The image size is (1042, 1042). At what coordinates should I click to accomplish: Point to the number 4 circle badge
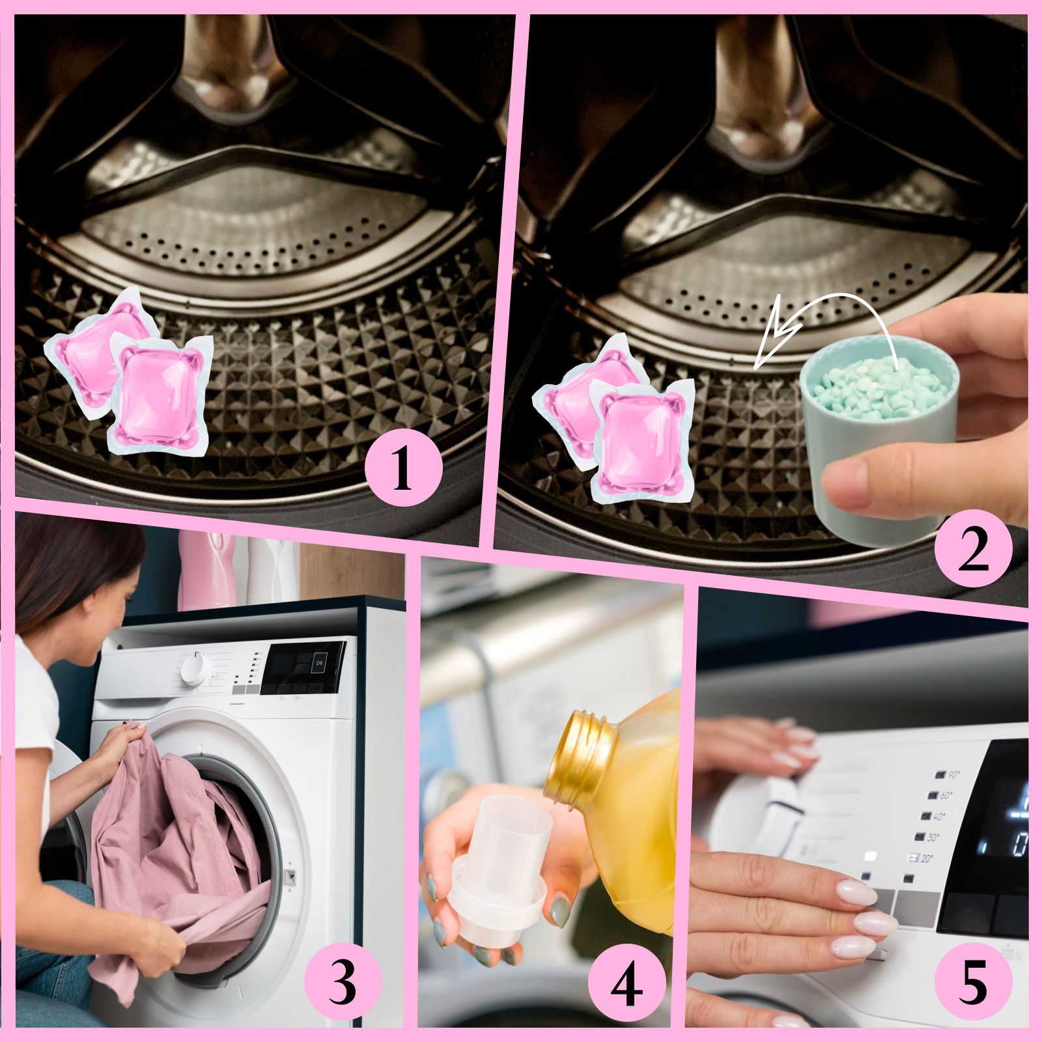click(627, 985)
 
